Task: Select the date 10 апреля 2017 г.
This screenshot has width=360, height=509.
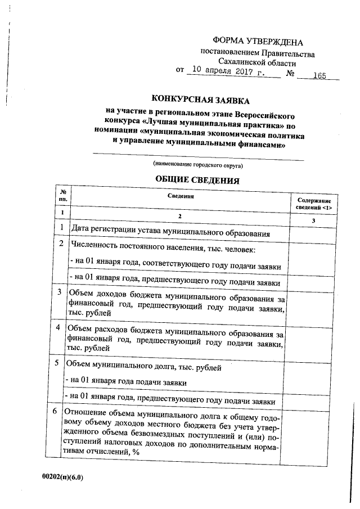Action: tap(228, 71)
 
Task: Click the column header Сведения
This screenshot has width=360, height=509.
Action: tap(181, 197)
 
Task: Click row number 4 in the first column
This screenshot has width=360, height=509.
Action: tap(61, 327)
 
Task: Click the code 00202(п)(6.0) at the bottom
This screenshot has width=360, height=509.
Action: tap(62, 476)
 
